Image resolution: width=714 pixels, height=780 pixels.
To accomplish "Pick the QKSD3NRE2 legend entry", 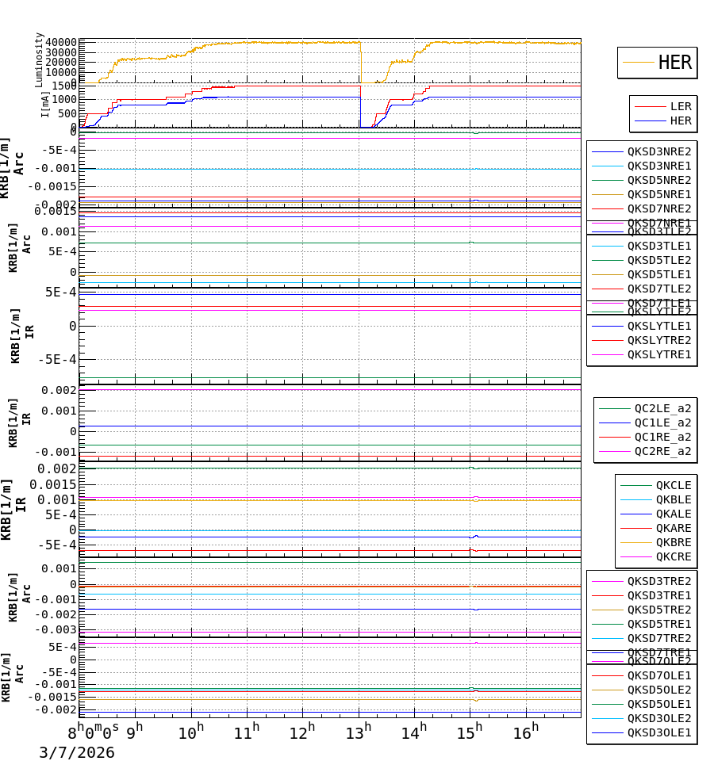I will click(658, 151).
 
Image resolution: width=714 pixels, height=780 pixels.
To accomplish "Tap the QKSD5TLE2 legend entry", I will click(658, 260).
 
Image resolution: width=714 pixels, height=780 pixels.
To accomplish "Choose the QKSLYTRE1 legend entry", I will click(658, 354).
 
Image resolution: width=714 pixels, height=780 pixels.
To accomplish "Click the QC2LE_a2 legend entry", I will click(662, 408).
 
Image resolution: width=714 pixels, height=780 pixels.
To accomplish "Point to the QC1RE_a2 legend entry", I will click(662, 437).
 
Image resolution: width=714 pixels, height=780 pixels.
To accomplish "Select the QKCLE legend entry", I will click(673, 485).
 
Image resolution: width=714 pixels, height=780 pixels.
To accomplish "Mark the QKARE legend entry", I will click(673, 528).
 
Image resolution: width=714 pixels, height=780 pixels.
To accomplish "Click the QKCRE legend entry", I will click(673, 556).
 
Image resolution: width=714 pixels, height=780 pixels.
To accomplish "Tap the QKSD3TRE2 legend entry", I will click(658, 581).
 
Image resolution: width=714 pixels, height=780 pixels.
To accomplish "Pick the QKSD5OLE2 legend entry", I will click(658, 690).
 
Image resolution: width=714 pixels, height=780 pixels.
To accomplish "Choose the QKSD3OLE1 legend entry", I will click(658, 732).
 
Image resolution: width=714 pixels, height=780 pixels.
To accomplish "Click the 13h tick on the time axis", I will click(358, 732).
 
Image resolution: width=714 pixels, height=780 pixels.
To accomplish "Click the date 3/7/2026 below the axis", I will click(77, 753).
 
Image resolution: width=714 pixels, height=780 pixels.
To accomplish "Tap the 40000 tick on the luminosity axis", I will click(60, 42).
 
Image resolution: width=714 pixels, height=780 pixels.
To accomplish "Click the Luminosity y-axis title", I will click(39, 59).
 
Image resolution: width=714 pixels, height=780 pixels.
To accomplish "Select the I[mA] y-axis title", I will click(45, 104).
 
